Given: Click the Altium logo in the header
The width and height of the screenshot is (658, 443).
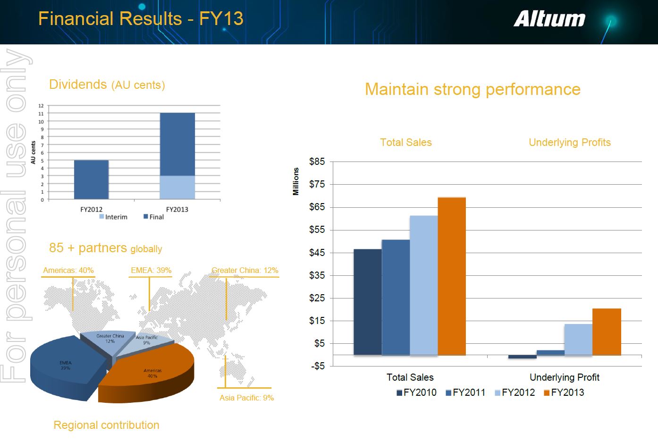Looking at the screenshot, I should pos(549,19).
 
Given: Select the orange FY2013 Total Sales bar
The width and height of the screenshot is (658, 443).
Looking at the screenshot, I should pos(452,276).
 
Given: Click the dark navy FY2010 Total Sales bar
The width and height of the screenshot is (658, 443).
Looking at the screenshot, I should pos(367,302).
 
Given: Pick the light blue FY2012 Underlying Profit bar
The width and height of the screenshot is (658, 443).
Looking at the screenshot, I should pos(578,339).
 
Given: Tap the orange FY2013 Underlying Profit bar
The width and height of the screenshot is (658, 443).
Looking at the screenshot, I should pos(607,332).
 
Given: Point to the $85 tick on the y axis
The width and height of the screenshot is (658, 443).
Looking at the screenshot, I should pos(317,162).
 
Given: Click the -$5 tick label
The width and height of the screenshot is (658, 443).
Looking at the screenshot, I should pos(317,366).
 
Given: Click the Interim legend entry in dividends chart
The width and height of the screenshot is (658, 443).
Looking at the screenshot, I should pos(113,217).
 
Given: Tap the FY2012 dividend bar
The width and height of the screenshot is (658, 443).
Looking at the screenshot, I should pos(91,179).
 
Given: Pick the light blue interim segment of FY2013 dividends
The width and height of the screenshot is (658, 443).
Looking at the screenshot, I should pos(177,187).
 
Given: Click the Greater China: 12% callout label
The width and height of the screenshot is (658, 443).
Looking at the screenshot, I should pos(245,271).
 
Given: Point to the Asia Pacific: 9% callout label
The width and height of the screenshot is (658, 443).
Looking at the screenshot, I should pos(246,398).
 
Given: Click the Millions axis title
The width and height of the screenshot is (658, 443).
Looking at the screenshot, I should pos(296,181).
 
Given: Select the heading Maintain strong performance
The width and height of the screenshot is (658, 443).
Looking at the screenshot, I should pos(472,89).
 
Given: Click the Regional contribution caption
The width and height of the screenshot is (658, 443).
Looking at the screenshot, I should pos(106,425).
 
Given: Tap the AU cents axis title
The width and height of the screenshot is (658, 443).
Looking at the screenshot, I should pos(33,153).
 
